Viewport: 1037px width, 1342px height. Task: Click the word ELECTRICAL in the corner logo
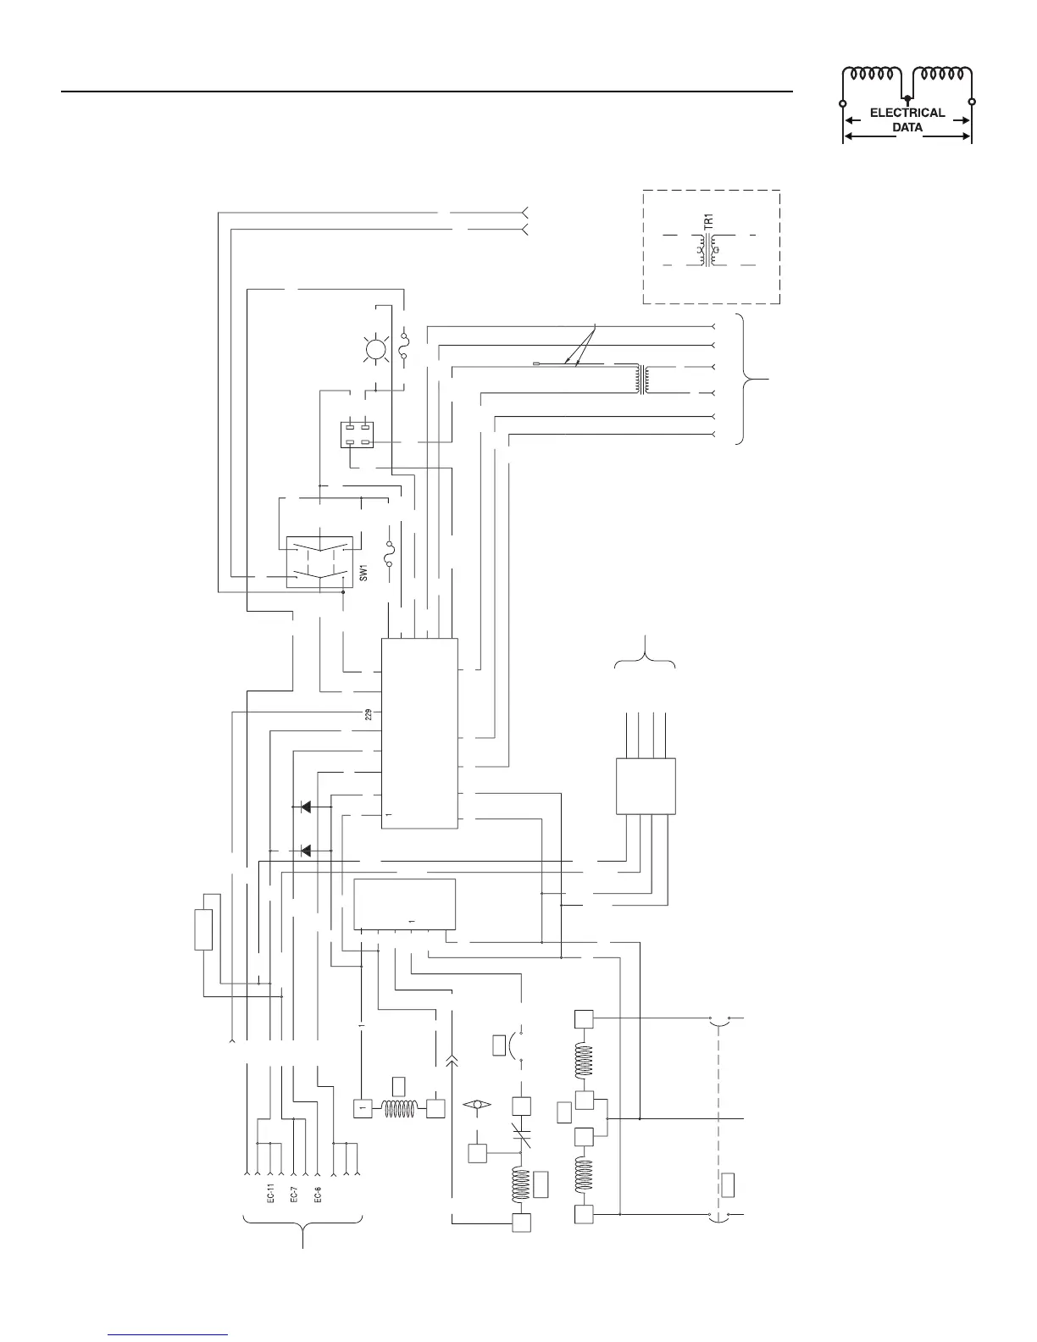907,113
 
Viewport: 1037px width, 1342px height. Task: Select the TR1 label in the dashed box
709,219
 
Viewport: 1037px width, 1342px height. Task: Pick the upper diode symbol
305,807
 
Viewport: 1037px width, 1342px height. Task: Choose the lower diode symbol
305,850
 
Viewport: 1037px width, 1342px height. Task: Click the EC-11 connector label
270,1193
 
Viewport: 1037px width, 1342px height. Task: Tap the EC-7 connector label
293,1193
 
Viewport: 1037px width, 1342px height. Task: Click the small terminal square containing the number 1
363,1107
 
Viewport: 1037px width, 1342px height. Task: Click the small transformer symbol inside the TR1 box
709,252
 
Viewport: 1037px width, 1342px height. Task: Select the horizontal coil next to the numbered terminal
399,1107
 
